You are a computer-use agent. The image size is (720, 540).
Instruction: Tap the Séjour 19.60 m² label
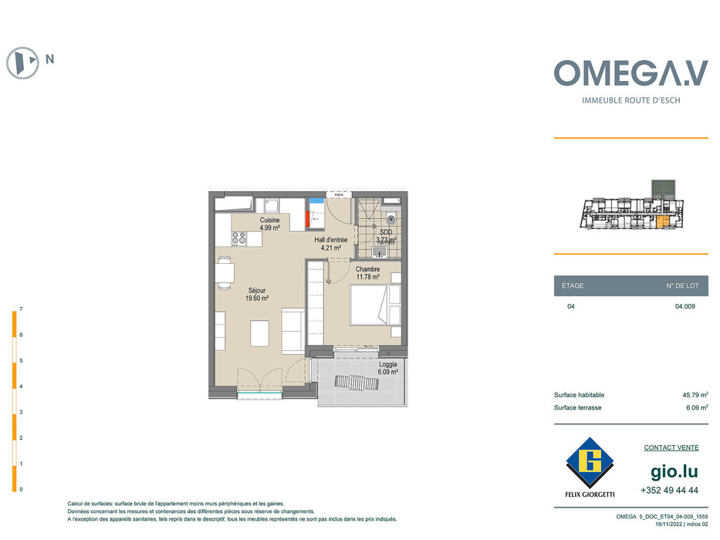(x=257, y=295)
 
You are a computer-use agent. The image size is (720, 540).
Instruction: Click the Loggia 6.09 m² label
(x=388, y=368)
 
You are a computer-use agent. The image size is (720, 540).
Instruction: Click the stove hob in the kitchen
(x=238, y=238)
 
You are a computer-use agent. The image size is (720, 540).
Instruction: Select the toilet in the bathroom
(x=390, y=219)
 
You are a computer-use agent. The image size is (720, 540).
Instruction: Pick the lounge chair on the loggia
(x=357, y=383)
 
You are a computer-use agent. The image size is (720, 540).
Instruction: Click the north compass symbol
(x=22, y=62)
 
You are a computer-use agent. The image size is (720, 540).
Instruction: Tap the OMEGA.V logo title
(x=631, y=73)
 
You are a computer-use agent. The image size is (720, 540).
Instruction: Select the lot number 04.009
(x=685, y=306)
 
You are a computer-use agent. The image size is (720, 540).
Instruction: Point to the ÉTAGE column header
(x=573, y=285)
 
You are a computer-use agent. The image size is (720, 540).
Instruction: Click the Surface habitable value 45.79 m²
(x=695, y=394)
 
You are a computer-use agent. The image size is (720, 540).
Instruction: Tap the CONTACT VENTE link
(x=671, y=447)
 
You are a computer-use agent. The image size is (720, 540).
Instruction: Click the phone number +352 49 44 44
(x=670, y=490)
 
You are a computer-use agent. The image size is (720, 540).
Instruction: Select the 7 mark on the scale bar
(x=21, y=309)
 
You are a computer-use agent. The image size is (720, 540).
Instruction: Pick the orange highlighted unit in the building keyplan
(x=663, y=222)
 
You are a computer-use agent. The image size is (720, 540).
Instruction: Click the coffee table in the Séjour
(x=259, y=334)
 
